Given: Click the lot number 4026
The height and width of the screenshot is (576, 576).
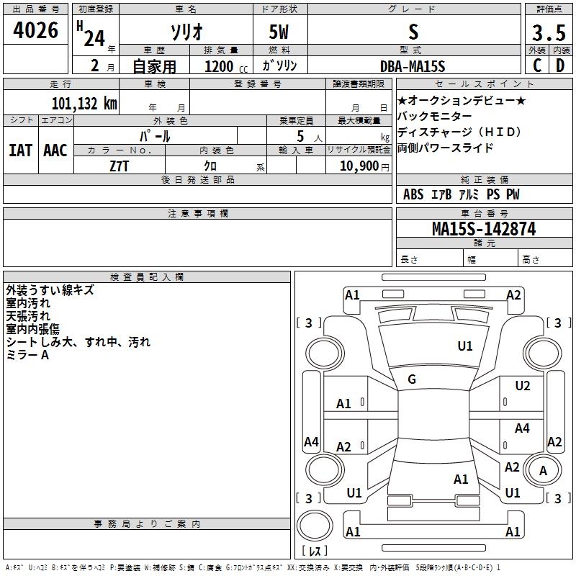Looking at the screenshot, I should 36,31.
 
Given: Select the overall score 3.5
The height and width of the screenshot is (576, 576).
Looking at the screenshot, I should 549,32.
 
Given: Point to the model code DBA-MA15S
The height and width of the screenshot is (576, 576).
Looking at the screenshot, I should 413,66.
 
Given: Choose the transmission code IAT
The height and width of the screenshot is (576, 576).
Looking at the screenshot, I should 20,150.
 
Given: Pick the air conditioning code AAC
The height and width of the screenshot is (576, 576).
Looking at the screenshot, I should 55,150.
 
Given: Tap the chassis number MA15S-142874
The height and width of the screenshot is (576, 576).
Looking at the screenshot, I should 484,229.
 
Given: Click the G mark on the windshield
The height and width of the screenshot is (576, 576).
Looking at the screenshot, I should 412,379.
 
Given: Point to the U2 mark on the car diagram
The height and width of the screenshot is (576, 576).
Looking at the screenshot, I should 523,386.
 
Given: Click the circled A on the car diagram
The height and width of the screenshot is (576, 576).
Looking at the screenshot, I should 544,470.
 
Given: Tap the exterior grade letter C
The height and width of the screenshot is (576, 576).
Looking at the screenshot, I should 537,66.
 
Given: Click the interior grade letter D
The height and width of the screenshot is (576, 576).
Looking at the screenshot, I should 560,66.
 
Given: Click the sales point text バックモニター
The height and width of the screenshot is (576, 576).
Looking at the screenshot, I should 435,117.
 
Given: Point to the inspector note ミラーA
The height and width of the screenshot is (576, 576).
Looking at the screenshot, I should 27,355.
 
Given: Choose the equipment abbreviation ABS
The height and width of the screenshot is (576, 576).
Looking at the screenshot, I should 413,194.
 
